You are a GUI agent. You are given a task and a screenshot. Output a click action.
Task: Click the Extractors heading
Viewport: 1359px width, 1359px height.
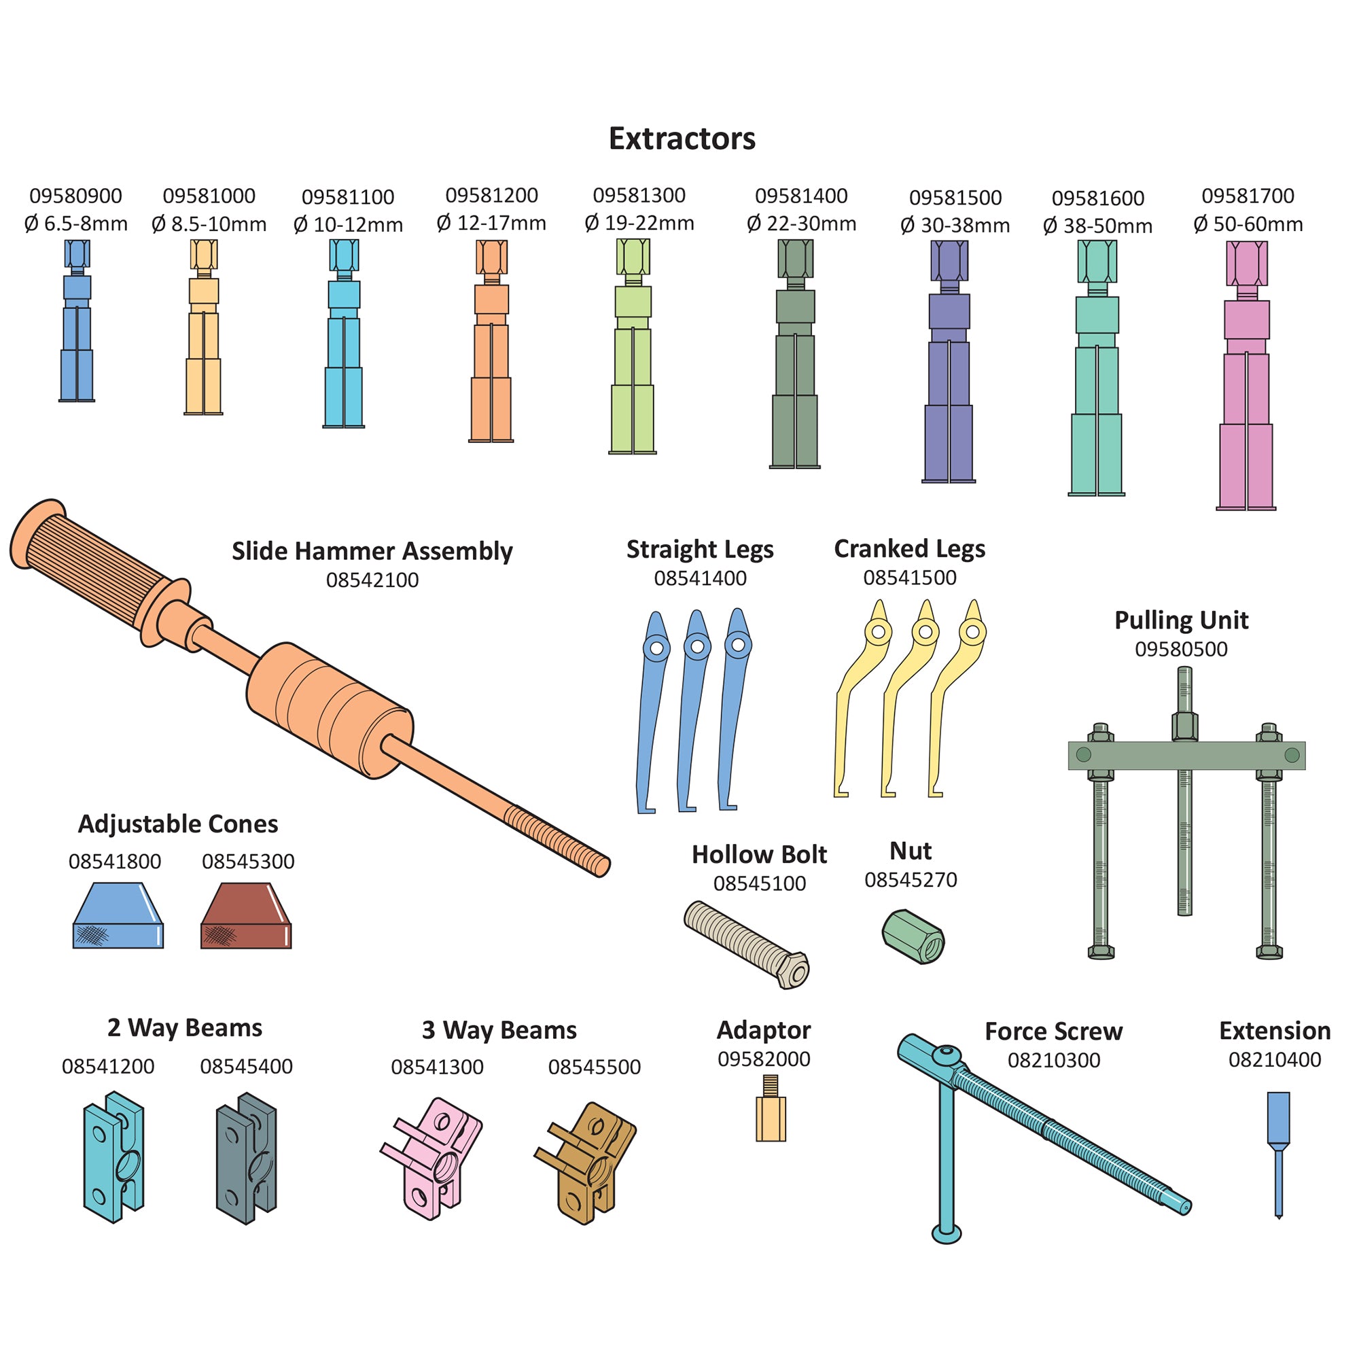pos(682,139)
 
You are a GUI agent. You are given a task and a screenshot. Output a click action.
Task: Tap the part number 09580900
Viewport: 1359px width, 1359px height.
pos(75,196)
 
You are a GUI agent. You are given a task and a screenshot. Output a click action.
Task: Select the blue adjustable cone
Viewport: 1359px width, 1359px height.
pos(118,916)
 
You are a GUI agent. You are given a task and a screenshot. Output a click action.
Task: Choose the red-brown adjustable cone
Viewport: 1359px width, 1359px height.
pos(246,916)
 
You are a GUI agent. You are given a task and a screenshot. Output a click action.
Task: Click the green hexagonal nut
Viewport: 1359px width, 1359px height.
pos(913,936)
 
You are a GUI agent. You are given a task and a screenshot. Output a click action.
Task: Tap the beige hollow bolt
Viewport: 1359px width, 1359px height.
pos(745,944)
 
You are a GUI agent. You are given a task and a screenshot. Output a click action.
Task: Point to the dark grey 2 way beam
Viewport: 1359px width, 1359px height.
pos(246,1157)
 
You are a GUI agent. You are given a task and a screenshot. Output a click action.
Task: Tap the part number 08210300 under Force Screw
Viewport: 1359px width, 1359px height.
pos(1053,1060)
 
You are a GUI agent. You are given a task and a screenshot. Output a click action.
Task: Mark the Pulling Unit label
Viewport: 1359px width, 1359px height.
pos(1181,620)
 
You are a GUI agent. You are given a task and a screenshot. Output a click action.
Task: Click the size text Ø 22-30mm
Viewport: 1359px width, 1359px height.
pos(801,224)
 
